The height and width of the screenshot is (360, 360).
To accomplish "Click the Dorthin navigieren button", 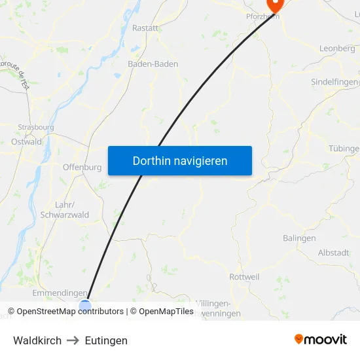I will pyautogui.click(x=180, y=160).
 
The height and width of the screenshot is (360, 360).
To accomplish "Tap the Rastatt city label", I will pyautogui.click(x=145, y=28).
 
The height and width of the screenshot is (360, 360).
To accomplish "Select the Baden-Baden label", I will pyautogui.click(x=153, y=64).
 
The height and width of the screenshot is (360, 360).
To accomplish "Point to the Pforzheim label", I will pyautogui.click(x=262, y=16).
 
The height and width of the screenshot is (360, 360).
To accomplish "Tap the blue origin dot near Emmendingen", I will pyautogui.click(x=85, y=305).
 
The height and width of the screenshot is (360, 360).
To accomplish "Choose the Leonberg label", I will pyautogui.click(x=337, y=48).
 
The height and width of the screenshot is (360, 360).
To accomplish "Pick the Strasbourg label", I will pyautogui.click(x=36, y=128).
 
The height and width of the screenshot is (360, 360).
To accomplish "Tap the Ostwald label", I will pyautogui.click(x=27, y=141).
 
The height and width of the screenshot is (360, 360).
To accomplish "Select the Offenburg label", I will pyautogui.click(x=82, y=167).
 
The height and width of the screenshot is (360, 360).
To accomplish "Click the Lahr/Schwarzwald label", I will pyautogui.click(x=65, y=209).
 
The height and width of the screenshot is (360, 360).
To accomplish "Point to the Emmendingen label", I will pyautogui.click(x=60, y=293).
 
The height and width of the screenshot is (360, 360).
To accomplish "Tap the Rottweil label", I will pyautogui.click(x=244, y=277).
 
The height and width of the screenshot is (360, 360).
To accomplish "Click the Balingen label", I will pyautogui.click(x=299, y=238).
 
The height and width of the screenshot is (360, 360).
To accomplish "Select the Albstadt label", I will pyautogui.click(x=333, y=253).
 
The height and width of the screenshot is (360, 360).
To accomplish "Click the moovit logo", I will pyautogui.click(x=321, y=339).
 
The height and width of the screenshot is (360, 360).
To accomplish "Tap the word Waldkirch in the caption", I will pyautogui.click(x=37, y=340).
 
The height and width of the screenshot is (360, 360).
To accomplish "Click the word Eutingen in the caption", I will pyautogui.click(x=106, y=340).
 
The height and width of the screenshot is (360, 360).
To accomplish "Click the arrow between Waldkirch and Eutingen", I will pyautogui.click(x=73, y=340).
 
